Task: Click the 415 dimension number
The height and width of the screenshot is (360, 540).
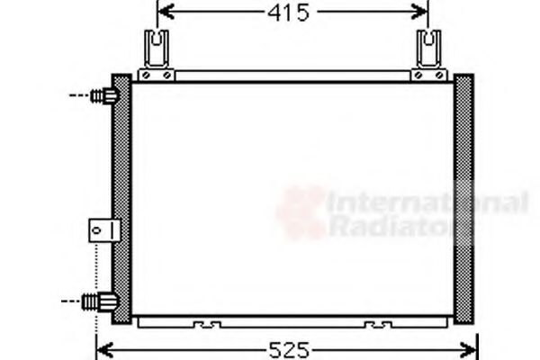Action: pos(288,13)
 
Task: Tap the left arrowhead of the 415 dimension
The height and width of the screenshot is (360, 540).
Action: pos(163,13)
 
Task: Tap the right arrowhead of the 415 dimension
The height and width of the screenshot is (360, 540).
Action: pos(422,13)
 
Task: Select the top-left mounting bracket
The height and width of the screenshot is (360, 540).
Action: pos(159,52)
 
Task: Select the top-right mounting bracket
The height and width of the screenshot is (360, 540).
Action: pos(429,52)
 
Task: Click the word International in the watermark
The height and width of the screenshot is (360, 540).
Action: pos(427,202)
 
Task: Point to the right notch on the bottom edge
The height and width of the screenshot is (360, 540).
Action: pos(376,322)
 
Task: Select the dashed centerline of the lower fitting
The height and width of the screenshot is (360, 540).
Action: pos(76,301)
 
